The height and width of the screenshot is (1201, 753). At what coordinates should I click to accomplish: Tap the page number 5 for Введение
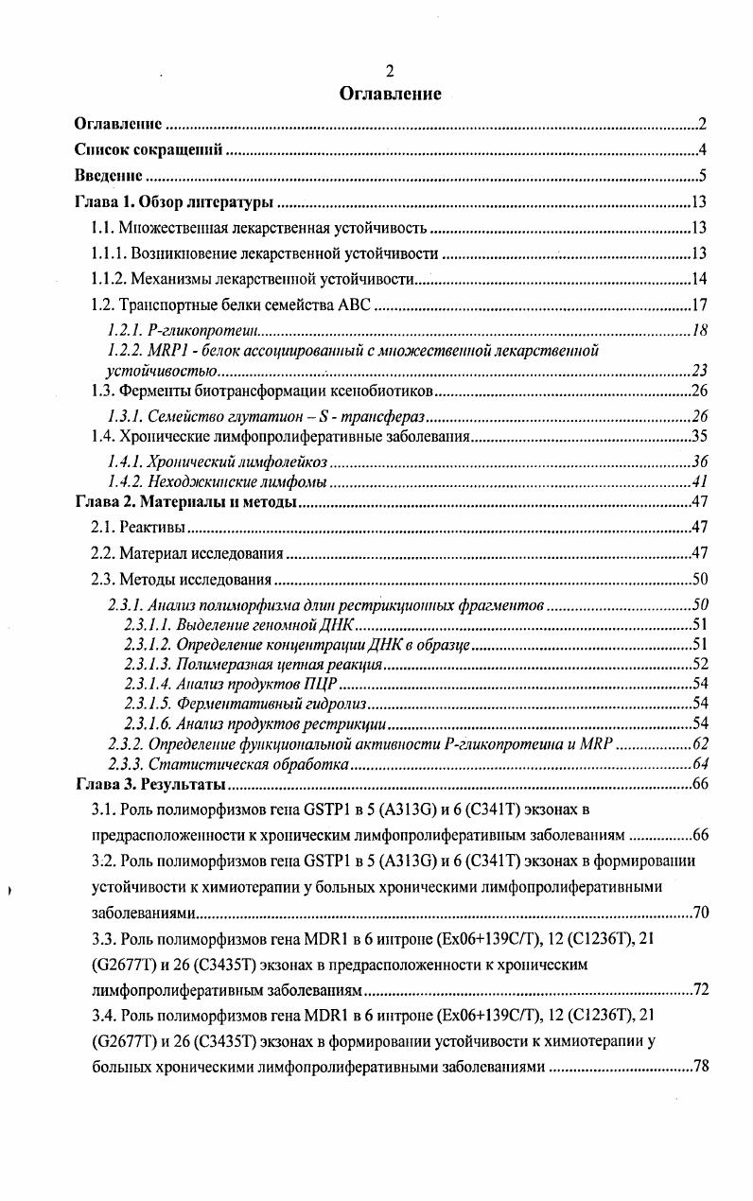coord(703,176)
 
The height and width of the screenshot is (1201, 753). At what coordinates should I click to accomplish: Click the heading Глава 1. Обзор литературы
coord(174,202)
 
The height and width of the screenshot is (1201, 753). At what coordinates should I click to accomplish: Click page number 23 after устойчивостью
coord(700,370)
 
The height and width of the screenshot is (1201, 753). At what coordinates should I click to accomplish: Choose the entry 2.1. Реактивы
coord(137,528)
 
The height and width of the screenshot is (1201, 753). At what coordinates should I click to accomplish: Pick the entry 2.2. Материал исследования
coord(187,553)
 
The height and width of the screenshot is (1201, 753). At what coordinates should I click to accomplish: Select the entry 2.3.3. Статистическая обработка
coord(229,764)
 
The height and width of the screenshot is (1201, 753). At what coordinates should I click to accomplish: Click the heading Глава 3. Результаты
coord(149,785)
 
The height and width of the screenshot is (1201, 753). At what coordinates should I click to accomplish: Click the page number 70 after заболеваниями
coord(700,914)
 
